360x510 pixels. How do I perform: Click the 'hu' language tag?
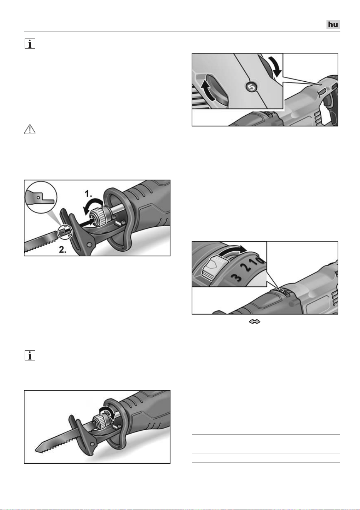point(333,24)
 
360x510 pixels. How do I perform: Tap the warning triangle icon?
point(30,129)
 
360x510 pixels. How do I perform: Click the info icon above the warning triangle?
point(30,44)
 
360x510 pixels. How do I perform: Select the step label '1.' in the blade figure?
point(88,194)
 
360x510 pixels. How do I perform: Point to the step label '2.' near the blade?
point(63,250)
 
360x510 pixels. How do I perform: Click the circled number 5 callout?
point(251,87)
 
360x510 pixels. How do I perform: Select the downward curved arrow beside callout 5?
point(274,66)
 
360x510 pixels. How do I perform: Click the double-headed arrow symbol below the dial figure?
point(254,321)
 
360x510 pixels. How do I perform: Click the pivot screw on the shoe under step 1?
point(89,244)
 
